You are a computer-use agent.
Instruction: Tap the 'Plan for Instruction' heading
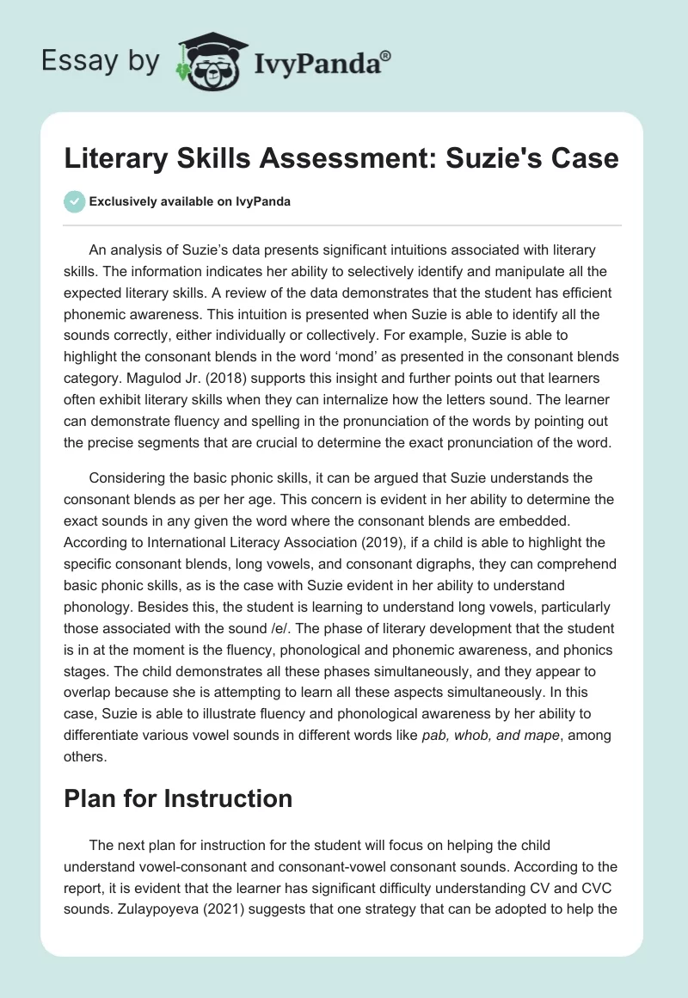178,798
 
